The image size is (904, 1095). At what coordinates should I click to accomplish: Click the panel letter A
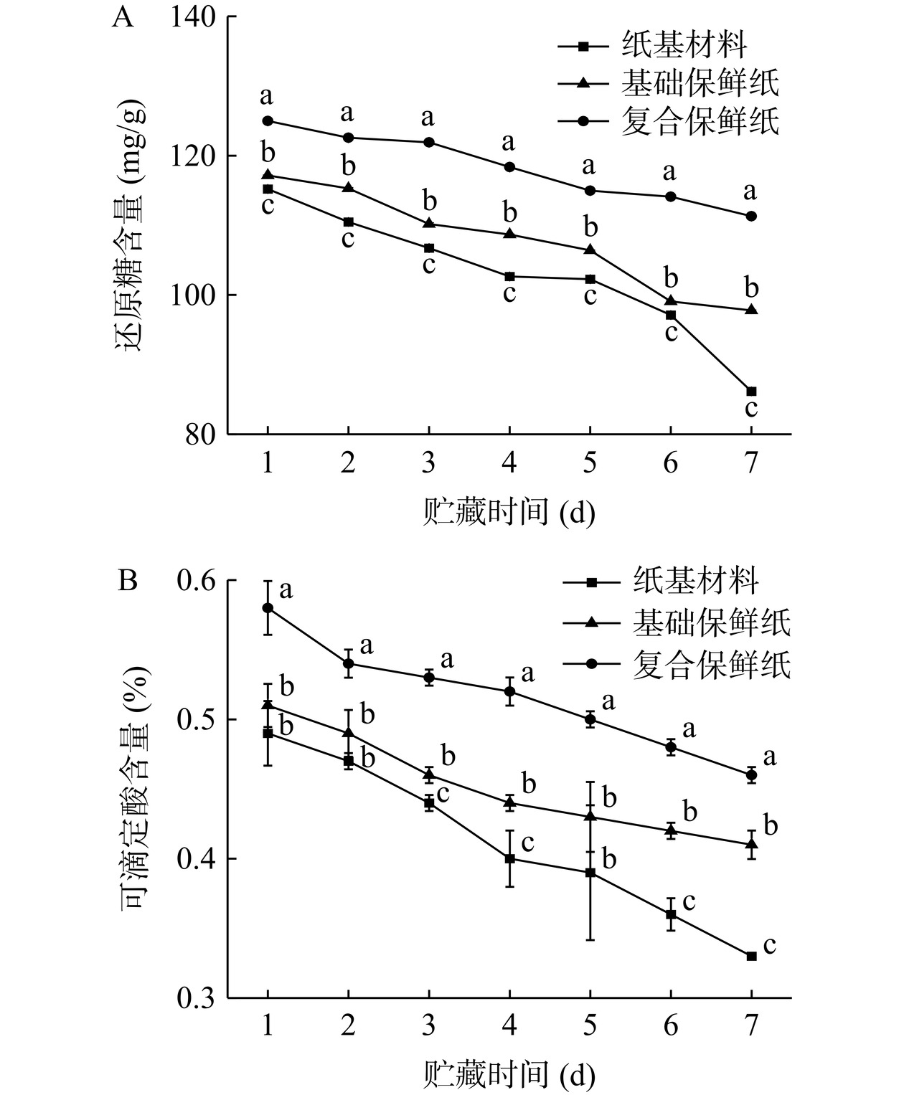pos(123,16)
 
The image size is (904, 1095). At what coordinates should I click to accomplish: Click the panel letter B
pos(127,580)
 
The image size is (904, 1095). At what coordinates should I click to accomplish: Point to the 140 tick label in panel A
pos(194,17)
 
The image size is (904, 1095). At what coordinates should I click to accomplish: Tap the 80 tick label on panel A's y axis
pos(202,435)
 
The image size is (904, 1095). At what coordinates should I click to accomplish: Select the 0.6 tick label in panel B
pos(196,581)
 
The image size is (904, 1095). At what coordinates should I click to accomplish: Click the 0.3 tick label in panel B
pos(196,997)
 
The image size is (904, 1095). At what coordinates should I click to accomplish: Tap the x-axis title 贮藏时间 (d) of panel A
pos(509,513)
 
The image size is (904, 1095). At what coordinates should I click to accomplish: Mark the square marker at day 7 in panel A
pos(751,392)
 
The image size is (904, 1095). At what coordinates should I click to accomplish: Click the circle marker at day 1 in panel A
pos(268,121)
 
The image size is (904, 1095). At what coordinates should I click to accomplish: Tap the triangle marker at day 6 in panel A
pos(671,301)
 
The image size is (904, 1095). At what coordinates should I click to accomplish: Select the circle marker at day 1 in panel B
pos(268,608)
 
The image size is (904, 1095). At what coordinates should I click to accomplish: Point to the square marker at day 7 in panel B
pos(751,956)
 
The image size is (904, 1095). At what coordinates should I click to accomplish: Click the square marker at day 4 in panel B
pos(509,858)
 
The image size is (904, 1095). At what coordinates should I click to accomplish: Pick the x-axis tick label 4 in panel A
pos(509,464)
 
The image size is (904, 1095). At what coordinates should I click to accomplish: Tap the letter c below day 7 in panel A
pos(751,409)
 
